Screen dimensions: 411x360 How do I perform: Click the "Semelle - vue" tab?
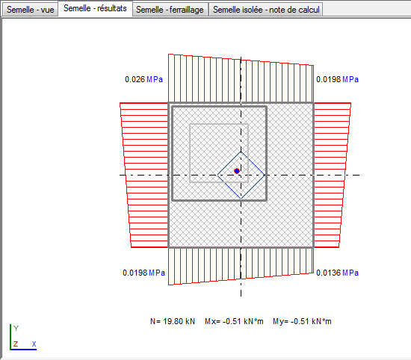pos(30,10)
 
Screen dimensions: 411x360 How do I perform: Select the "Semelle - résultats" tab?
pos(95,8)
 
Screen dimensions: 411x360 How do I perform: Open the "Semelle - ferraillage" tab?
pos(170,10)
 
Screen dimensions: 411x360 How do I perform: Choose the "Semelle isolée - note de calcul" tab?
pos(266,10)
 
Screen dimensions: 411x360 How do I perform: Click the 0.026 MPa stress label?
pos(143,79)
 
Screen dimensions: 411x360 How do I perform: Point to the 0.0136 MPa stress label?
pos(337,273)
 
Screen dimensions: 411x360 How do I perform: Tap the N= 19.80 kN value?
pos(173,321)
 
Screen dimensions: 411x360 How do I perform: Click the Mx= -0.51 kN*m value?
pos(234,321)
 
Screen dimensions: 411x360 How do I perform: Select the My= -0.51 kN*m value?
pos(302,321)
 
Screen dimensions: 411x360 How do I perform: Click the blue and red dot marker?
pos(237,171)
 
